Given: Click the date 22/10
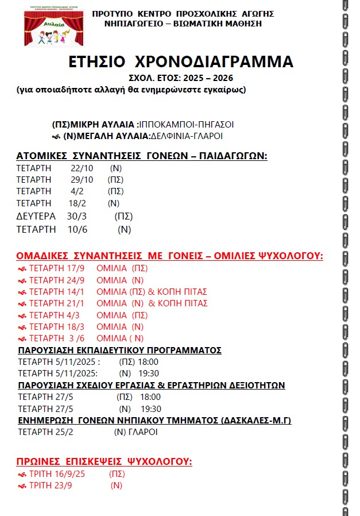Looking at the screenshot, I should point(82,168).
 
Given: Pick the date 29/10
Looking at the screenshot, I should point(82,180).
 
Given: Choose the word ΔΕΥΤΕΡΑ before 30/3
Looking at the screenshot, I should point(36,217).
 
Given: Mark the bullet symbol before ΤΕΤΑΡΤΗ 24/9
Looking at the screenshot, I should point(22,280).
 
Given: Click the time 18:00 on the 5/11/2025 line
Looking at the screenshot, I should point(149,362).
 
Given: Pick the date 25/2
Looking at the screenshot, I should point(63,432).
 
